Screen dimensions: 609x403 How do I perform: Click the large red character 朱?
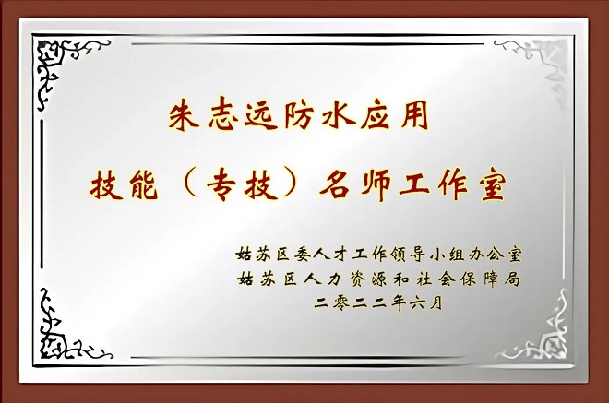point(184,114)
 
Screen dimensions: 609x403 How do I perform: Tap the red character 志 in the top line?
point(223,114)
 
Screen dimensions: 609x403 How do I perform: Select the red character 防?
point(299,114)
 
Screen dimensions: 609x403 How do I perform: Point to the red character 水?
point(338,114)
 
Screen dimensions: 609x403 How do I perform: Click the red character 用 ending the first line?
point(414,115)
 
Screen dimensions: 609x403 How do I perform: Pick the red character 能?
point(144,185)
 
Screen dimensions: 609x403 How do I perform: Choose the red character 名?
point(336,185)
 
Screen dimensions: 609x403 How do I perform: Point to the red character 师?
point(375,185)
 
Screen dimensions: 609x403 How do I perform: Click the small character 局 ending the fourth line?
point(512,279)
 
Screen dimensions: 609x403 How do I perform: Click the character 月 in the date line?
point(436,302)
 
